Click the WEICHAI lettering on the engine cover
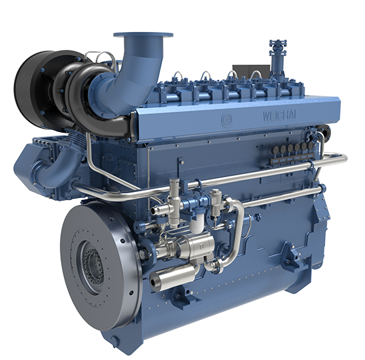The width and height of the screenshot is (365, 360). (279, 115)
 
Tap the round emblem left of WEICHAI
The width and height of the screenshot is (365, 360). (227, 120)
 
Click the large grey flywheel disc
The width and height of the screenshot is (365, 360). (99, 265)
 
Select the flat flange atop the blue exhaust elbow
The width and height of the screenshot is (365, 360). (143, 35)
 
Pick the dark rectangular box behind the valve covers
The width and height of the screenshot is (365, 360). (251, 72)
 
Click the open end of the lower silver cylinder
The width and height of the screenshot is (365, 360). (154, 282)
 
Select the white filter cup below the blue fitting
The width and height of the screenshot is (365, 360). (196, 224)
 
